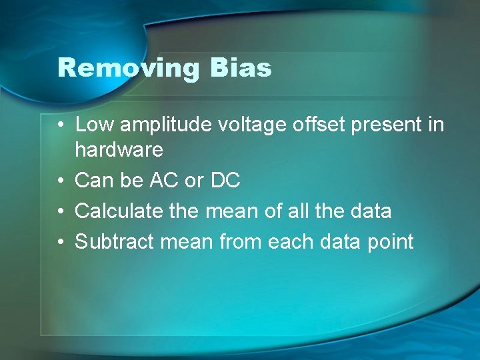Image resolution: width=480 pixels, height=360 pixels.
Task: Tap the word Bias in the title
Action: pyautogui.click(x=241, y=68)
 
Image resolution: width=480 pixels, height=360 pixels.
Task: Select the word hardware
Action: pyautogui.click(x=119, y=149)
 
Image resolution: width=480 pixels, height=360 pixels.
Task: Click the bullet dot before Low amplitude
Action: pyautogui.click(x=61, y=125)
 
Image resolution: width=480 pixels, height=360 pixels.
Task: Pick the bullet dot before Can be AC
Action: pyautogui.click(x=61, y=181)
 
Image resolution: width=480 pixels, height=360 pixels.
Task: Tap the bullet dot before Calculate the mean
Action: pyautogui.click(x=61, y=211)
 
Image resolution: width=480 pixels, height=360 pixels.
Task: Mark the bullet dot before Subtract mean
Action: pyautogui.click(x=61, y=242)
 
